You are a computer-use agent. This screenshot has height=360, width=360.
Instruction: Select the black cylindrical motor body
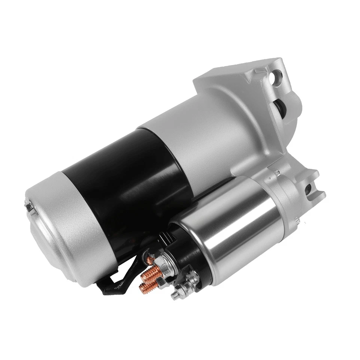124,180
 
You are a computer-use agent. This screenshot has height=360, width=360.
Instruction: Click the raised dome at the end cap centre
45,225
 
